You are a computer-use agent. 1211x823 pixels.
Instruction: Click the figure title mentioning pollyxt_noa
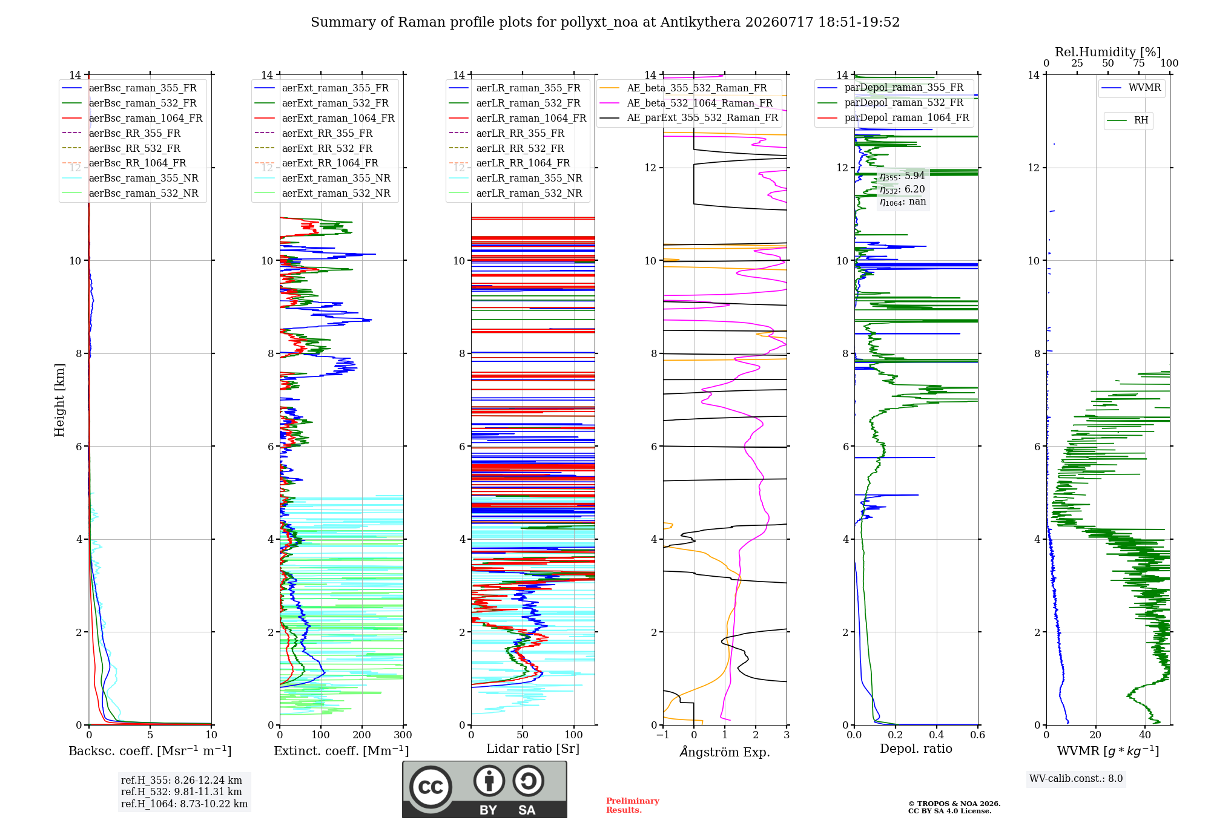tap(605, 22)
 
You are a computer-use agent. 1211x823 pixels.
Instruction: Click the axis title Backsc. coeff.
tap(150, 751)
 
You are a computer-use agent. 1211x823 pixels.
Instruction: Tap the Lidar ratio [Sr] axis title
tap(533, 749)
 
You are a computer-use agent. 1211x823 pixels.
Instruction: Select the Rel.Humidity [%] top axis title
tap(1108, 52)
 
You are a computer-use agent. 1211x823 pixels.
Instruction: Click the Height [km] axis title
tap(59, 400)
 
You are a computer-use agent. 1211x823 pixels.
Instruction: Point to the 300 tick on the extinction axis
tap(403, 735)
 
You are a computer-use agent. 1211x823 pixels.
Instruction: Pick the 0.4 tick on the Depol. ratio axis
tap(936, 735)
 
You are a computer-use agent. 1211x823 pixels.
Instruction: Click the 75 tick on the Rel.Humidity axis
tap(1139, 64)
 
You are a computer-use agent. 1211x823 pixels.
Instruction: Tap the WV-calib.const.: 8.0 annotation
tap(1076, 779)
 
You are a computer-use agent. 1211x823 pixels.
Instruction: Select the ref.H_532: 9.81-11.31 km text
tap(182, 792)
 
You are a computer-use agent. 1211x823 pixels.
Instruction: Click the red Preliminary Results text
tap(633, 805)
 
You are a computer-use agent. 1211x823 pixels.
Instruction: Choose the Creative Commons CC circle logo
tap(431, 787)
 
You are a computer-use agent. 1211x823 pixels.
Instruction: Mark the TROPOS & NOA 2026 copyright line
tap(954, 804)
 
